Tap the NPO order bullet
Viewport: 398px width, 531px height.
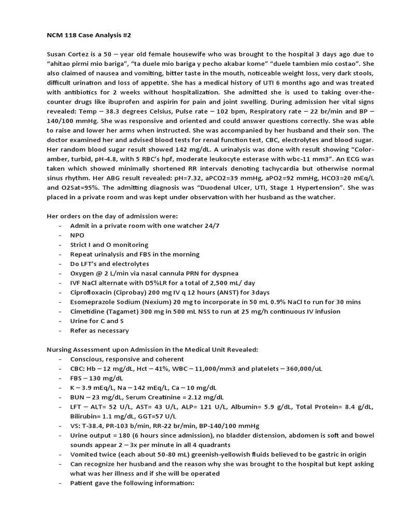[77, 235]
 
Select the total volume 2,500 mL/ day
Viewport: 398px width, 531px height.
[230, 283]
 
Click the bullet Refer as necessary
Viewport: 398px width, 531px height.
[99, 330]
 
